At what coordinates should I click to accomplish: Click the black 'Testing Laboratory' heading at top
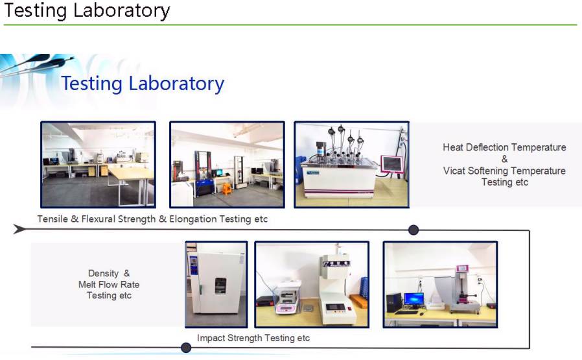coord(87,10)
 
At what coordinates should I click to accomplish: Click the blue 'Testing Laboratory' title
coord(143,83)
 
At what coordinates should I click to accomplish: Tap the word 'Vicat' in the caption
coord(454,171)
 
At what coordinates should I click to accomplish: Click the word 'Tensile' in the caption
coord(52,219)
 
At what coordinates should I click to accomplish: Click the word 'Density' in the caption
coord(103,274)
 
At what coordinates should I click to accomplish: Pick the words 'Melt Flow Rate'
coord(109,285)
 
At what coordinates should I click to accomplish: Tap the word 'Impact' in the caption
coord(211,338)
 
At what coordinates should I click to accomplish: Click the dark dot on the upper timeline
coord(413,230)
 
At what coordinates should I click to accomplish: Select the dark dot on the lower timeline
coord(186,348)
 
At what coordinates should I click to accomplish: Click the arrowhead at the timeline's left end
coord(19,229)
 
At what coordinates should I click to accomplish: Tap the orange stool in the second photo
coord(227,188)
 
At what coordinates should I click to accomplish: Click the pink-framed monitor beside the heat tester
coord(392,164)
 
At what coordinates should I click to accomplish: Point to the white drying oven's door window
coord(220,286)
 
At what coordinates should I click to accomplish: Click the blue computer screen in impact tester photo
coord(414,298)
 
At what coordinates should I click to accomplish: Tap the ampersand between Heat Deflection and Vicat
coord(504,159)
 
